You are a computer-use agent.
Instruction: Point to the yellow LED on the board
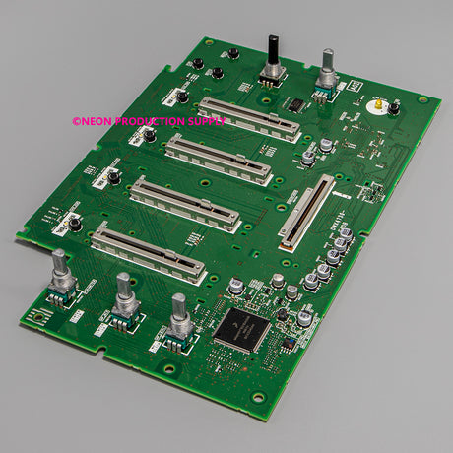[377, 101]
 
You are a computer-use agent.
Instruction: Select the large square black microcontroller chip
[241, 325]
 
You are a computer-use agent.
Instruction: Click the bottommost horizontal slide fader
[148, 252]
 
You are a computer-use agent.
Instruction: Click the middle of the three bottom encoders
[124, 299]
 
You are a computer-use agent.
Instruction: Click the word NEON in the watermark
[94, 122]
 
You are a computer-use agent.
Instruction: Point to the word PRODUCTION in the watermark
[149, 122]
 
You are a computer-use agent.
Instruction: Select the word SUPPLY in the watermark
[206, 122]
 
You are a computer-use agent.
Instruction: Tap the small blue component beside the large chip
[287, 345]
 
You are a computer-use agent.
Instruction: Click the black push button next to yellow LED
[394, 108]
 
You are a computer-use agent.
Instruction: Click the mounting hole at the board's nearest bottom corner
[257, 397]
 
